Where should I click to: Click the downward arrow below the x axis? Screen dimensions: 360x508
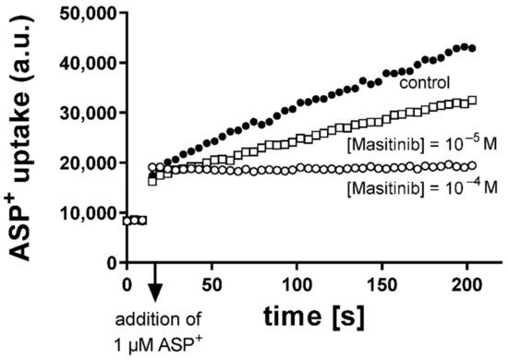coord(155,286)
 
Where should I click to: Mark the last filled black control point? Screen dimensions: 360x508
coord(473,48)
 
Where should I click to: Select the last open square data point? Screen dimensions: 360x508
coord(473,101)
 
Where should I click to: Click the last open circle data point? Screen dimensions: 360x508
coord(473,165)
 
